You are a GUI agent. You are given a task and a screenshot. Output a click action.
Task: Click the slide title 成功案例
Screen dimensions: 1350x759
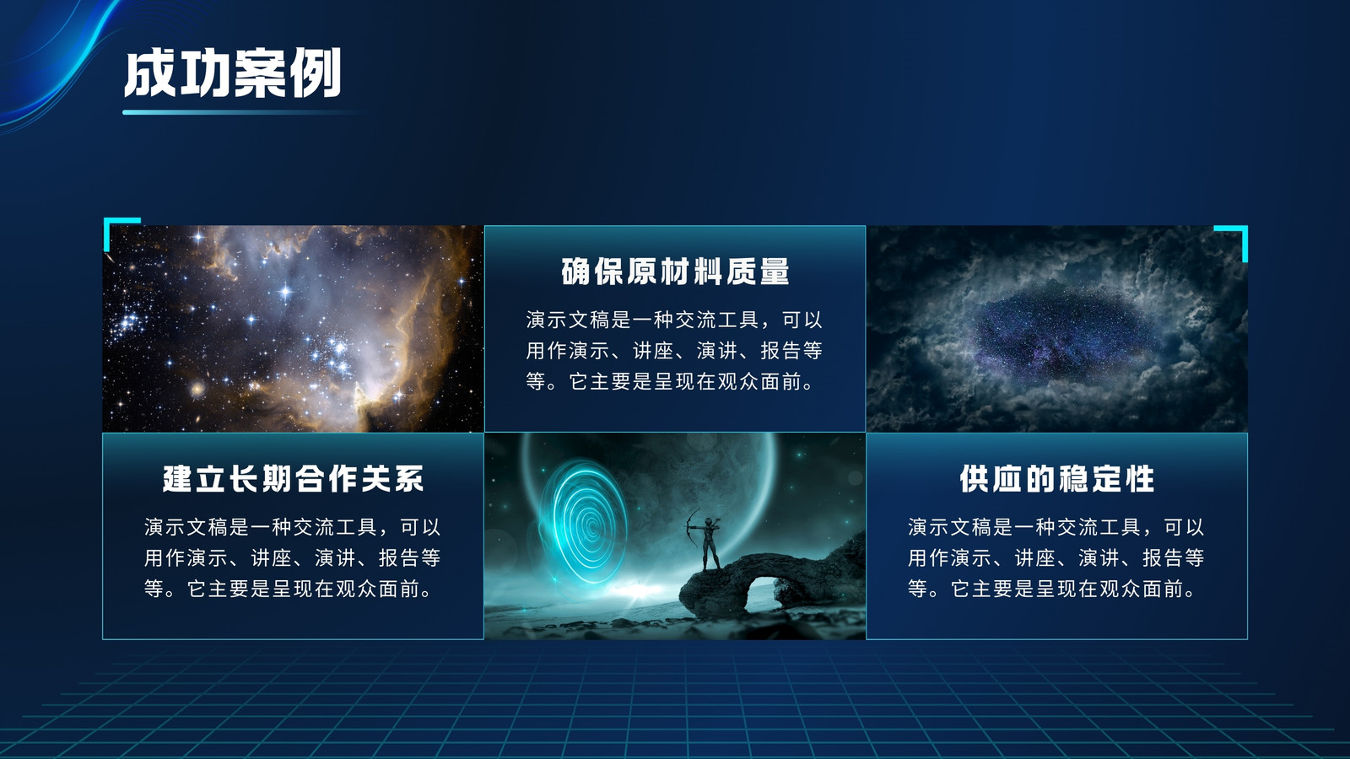click(x=233, y=73)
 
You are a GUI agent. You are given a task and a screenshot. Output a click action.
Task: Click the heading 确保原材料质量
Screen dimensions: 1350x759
click(x=675, y=272)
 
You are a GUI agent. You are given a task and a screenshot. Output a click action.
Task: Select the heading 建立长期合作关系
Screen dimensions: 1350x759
click(x=294, y=479)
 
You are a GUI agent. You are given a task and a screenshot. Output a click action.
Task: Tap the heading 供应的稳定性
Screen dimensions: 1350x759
click(x=1057, y=479)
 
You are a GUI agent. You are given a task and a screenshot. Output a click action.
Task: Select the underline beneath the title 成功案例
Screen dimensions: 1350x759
click(x=241, y=112)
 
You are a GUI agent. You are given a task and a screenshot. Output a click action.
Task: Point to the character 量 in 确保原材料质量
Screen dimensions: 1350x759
click(x=775, y=272)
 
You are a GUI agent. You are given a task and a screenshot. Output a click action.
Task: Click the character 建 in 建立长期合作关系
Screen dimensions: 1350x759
click(x=178, y=479)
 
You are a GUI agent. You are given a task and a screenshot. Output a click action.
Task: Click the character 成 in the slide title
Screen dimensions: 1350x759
click(x=149, y=73)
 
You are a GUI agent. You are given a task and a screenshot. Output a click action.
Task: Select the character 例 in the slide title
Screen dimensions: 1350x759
click(x=316, y=73)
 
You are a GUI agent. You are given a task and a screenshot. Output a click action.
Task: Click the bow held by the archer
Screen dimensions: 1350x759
click(x=692, y=526)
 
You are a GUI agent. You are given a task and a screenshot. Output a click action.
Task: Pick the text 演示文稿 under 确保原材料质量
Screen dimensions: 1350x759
click(x=569, y=320)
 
